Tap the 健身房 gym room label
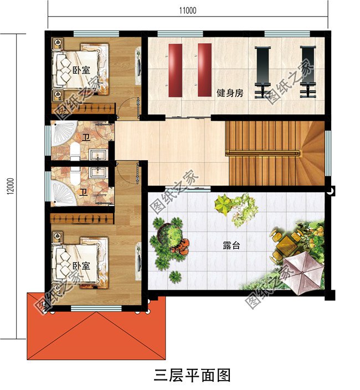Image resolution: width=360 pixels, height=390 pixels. point(230,93)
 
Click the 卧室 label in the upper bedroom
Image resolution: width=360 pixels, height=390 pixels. point(81,70)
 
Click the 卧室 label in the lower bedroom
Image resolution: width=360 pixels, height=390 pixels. point(81,266)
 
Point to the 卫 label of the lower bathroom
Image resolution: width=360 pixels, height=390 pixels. point(83,193)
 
